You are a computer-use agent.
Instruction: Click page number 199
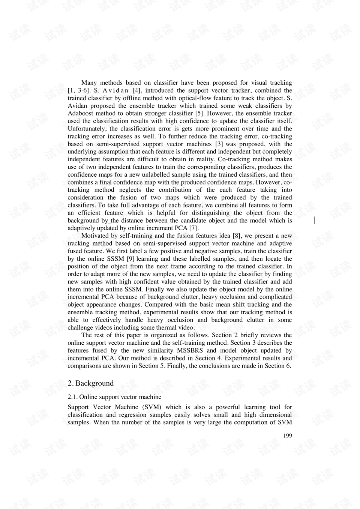(288, 435)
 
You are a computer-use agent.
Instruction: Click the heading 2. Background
(90, 383)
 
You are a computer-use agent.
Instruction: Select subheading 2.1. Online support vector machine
(114, 397)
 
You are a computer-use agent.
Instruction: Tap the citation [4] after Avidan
(137, 90)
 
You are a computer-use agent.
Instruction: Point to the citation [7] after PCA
(194, 228)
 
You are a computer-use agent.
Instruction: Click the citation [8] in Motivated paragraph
(237, 236)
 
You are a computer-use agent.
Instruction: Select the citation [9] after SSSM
(130, 259)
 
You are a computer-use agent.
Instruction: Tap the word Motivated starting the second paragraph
(95, 236)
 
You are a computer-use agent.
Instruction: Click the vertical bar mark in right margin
(314, 221)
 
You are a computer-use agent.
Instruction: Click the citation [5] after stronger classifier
(199, 113)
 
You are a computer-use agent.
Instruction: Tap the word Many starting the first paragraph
(89, 83)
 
